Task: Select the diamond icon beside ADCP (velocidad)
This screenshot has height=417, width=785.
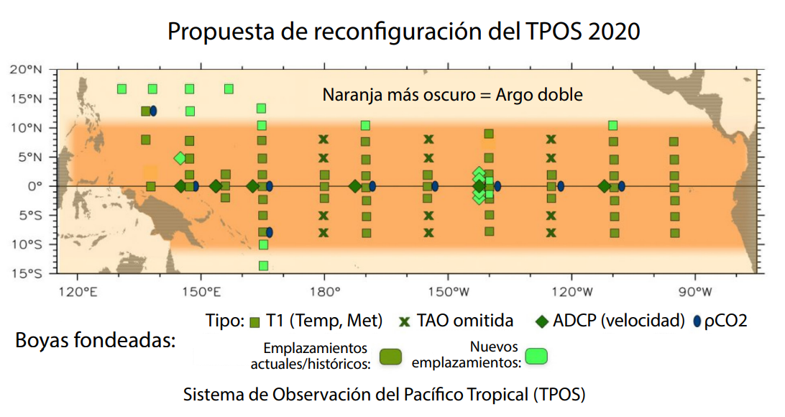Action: [x=543, y=321]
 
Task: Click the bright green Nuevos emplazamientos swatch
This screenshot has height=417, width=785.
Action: [x=536, y=356]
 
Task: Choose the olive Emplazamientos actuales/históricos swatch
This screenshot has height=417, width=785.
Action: [x=389, y=356]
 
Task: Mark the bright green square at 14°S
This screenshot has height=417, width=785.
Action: [x=263, y=266]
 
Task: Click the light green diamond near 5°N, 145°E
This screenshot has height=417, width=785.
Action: [x=180, y=158]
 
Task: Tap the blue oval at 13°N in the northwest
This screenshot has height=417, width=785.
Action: [x=153, y=111]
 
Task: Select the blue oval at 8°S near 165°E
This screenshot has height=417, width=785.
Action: [x=269, y=232]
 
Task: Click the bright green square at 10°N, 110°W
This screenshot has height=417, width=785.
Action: [x=613, y=126]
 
